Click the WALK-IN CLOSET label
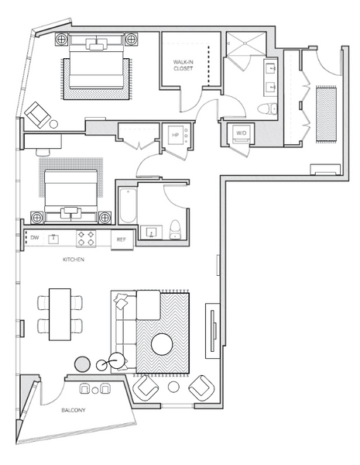pos(183,65)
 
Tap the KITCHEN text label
pos(74,260)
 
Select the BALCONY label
pos(74,410)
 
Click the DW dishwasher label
pos(35,238)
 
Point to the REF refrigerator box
pos(122,239)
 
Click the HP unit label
pos(176,135)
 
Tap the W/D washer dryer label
pos(242,133)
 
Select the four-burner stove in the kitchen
pos(86,239)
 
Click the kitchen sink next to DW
pos(53,239)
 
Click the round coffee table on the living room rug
pos(162,344)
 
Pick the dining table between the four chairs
pos(60,315)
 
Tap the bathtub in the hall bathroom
pos(128,206)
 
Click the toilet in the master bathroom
pos(267,108)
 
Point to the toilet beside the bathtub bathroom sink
pos(176,229)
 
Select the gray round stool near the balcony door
pos(82,364)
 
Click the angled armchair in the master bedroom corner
pos(37,115)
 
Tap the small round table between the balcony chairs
pos(94,391)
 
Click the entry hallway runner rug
pos(326,115)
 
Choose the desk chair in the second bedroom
pos(43,152)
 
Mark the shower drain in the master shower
pos(245,43)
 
